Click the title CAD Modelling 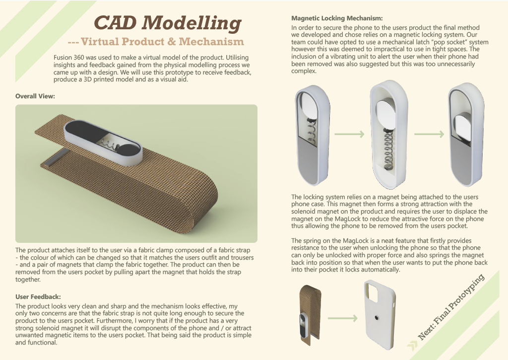(x=168, y=23)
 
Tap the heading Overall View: (x=35, y=96)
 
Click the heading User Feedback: (x=38, y=296)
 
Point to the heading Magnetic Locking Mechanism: (x=337, y=18)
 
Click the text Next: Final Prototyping (x=451, y=307)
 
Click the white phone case (x=380, y=315)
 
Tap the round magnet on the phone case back (x=376, y=317)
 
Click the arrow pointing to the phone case (x=342, y=318)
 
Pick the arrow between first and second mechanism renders (x=349, y=134)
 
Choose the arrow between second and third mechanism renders (x=429, y=134)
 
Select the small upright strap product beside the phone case (x=310, y=315)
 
